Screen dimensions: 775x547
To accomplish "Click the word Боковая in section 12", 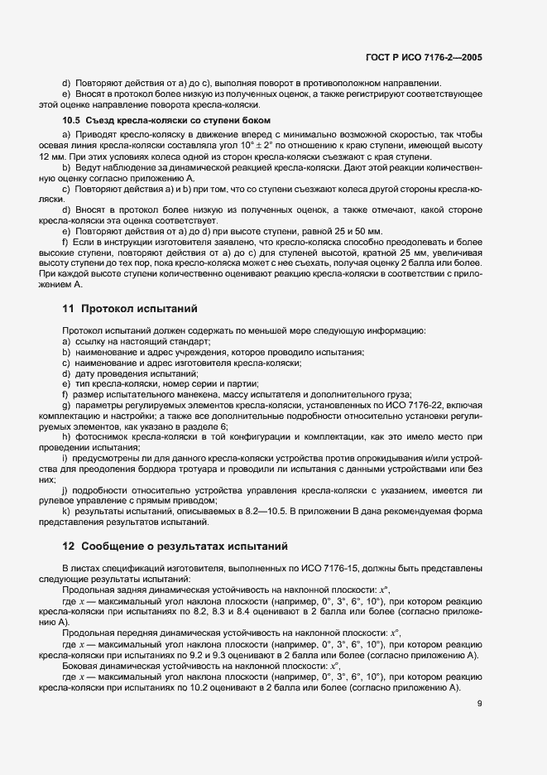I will (x=83, y=664).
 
